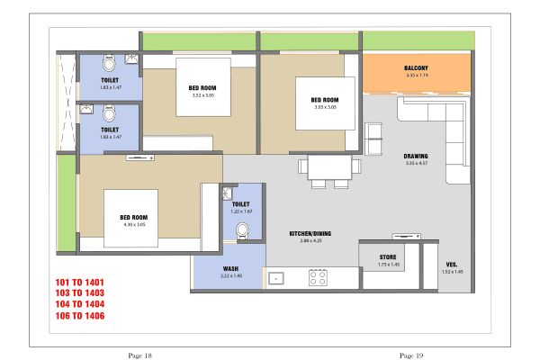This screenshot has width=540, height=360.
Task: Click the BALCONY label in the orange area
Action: pos(416,68)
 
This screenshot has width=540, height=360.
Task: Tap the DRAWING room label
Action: pos(416,156)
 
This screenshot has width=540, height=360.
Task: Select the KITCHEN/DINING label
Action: pos(306,234)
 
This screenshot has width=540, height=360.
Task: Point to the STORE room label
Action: pos(388,257)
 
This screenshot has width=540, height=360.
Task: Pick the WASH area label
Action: pos(230,268)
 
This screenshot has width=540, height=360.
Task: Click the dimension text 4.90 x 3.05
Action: pos(134,224)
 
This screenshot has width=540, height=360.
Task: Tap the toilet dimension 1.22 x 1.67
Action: pos(240,211)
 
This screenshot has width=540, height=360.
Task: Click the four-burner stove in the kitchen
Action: pos(318,277)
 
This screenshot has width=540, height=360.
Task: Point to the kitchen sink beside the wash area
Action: pos(276,278)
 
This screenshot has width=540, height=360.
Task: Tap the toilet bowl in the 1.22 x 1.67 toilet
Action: pos(242,231)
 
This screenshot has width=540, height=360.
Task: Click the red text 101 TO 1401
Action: pos(80,283)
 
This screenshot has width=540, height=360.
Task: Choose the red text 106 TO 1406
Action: pos(80,316)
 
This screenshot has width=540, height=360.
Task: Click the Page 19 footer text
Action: pos(411,355)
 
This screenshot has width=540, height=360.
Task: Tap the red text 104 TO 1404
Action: pos(80,305)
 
